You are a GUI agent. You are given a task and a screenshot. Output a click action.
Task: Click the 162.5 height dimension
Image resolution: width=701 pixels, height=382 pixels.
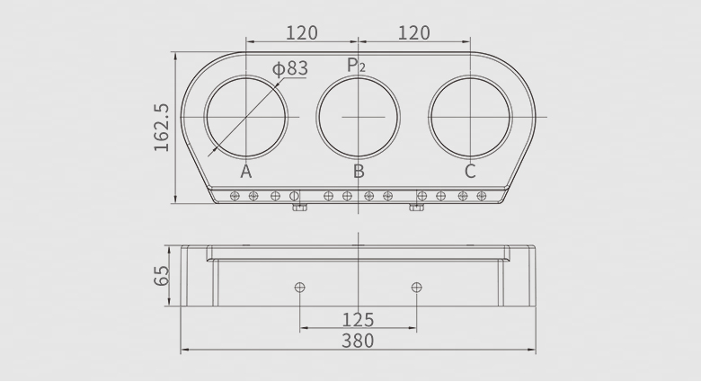[162, 128]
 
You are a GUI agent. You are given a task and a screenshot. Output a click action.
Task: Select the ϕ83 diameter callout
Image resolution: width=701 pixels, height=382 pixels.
[290, 68]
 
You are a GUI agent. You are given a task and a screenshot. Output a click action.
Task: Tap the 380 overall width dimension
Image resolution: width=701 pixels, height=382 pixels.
[358, 341]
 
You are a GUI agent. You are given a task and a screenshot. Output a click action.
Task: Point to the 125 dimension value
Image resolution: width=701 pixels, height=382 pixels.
[358, 320]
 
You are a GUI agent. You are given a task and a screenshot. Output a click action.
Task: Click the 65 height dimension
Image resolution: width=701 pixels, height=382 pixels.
[162, 276]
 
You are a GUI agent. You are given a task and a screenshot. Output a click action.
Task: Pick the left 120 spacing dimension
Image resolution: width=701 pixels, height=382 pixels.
[302, 33]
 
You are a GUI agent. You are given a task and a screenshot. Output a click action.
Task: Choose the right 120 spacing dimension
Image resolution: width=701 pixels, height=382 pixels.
[414, 33]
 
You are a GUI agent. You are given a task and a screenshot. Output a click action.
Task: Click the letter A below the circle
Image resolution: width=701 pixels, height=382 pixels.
[246, 172]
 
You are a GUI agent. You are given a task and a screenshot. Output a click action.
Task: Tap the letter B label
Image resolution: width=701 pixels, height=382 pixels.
[359, 172]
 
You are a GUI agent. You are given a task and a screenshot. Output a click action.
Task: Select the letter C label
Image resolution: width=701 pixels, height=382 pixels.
[470, 172]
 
